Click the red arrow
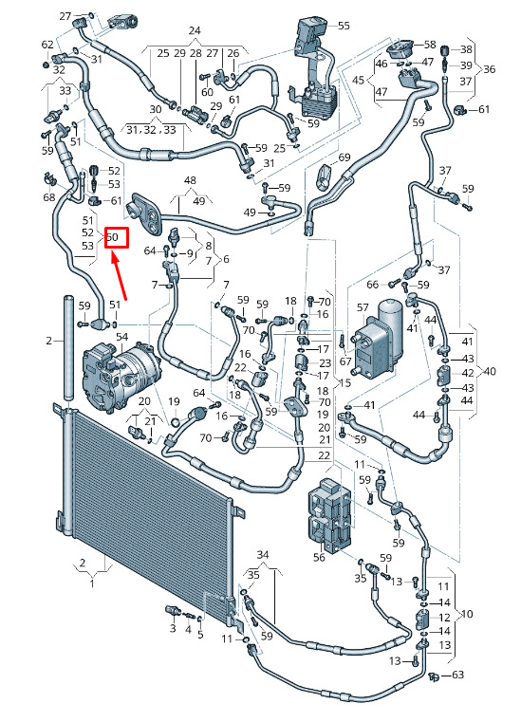click(x=120, y=276)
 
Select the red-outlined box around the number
click(x=116, y=237)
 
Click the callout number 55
click(x=344, y=26)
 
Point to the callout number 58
click(x=429, y=45)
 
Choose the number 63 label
click(x=457, y=675)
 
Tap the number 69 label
click(x=344, y=157)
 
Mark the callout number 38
click(x=466, y=49)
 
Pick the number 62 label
click(x=47, y=45)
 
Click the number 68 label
click(x=48, y=197)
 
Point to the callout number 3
click(x=173, y=628)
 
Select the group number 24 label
click(x=195, y=30)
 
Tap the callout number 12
click(x=444, y=618)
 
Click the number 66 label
click(x=373, y=285)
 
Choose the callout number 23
click(x=325, y=363)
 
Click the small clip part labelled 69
click(x=325, y=176)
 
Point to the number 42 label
click(x=468, y=374)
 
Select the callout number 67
click(x=345, y=361)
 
